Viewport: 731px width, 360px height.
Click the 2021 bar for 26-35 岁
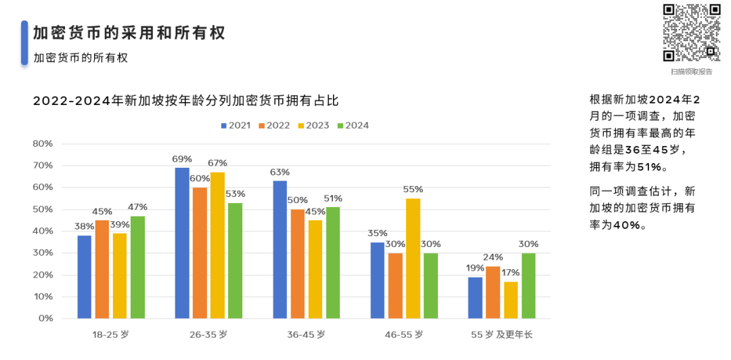coord(182,243)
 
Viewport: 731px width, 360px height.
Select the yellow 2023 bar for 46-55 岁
coord(413,258)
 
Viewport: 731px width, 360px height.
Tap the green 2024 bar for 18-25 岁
coord(137,267)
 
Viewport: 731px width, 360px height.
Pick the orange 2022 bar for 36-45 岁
coord(298,263)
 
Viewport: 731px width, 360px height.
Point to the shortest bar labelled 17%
coord(510,299)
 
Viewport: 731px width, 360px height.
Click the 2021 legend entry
coord(236,126)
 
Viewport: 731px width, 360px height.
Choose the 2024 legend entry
coord(353,126)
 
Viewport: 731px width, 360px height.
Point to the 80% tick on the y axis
coord(43,143)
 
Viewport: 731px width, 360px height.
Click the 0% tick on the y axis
coord(45,318)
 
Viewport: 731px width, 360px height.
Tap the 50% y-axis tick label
coord(43,209)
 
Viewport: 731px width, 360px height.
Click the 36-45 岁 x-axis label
coord(305,334)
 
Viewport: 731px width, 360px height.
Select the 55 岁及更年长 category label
coord(502,334)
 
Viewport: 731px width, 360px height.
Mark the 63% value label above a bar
coord(280,172)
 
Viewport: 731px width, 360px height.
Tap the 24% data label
coord(493,257)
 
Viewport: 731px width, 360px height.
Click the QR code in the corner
coord(691,32)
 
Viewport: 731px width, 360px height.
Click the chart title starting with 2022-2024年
coord(185,101)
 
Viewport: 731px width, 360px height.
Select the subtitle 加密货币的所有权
coord(81,58)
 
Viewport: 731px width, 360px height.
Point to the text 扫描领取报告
coord(691,72)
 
